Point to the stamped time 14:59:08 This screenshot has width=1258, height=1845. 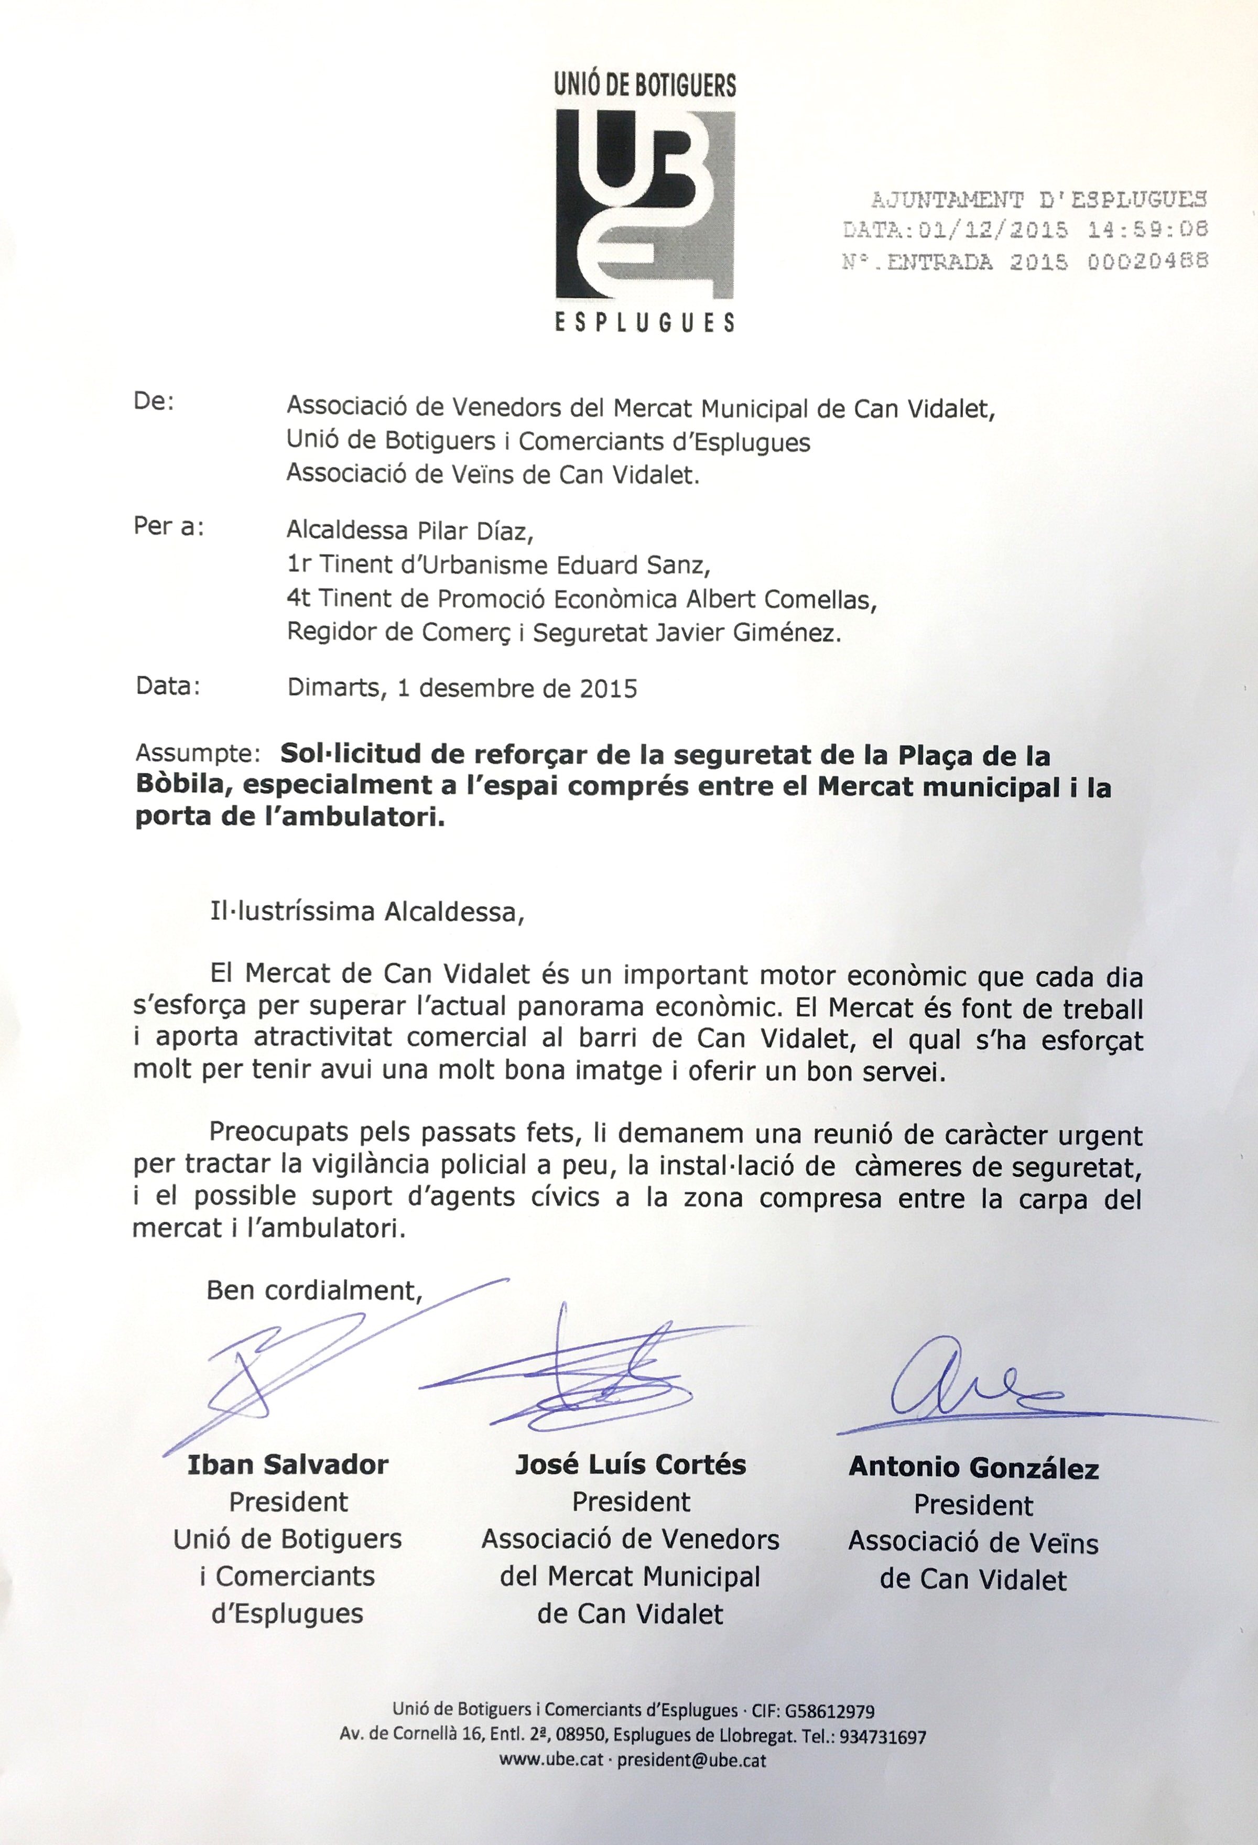click(1148, 230)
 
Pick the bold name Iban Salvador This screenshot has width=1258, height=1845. click(287, 1464)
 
